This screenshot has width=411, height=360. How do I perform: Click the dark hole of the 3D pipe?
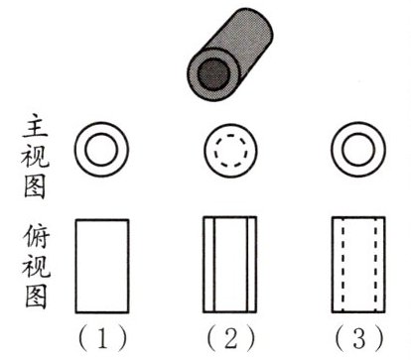[x=213, y=73]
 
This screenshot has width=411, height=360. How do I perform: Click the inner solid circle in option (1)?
[x=101, y=150]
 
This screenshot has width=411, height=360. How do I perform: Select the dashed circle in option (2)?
[x=230, y=151]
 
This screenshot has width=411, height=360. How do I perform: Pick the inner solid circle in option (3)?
[x=358, y=150]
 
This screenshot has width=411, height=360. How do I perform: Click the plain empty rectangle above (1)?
[x=102, y=266]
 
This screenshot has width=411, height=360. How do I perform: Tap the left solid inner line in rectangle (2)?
[x=214, y=265]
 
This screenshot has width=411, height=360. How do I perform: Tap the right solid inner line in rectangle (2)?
[x=247, y=265]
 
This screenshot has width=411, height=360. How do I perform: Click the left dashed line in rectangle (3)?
[x=342, y=265]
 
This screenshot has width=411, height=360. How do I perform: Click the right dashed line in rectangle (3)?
[x=375, y=265]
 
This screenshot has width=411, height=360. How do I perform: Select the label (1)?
[x=102, y=338]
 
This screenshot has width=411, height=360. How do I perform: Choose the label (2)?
[x=231, y=338]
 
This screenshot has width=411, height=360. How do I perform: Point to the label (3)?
[x=359, y=338]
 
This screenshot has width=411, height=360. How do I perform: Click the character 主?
[x=36, y=126]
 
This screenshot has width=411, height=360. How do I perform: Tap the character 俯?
[x=36, y=236]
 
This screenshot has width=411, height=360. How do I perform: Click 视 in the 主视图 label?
[x=35, y=156]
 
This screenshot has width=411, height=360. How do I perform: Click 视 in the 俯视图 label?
[x=36, y=266]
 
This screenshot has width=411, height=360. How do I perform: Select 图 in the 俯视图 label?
[x=36, y=296]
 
